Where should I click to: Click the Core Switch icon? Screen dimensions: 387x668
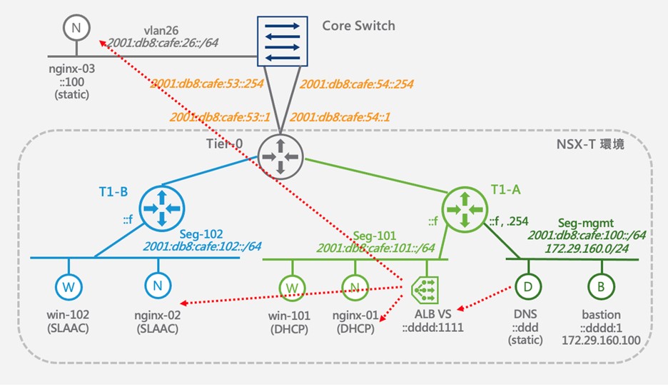pyautogui.click(x=283, y=41)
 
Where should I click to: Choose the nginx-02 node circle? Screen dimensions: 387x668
pyautogui.click(x=156, y=287)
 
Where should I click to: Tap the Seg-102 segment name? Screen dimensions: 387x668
pyautogui.click(x=202, y=233)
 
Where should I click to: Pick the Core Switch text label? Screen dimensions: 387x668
pyautogui.click(x=358, y=26)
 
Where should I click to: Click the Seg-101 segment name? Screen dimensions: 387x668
pyautogui.click(x=376, y=234)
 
